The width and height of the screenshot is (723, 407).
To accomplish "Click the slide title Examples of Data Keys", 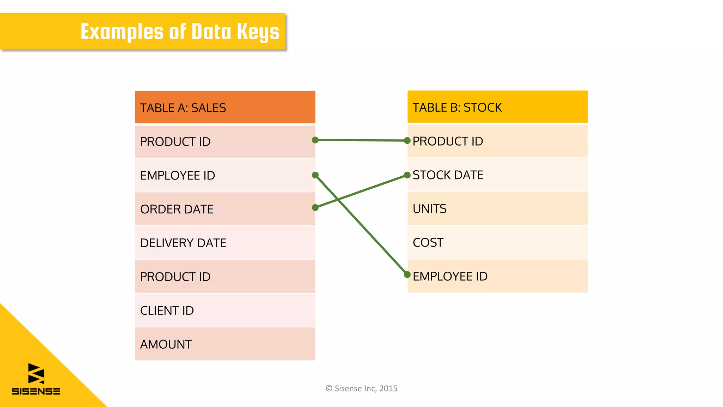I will point(180,32).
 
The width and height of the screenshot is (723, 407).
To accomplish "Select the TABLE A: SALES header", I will point(225,107).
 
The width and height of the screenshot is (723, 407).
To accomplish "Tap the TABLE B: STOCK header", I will point(497,107).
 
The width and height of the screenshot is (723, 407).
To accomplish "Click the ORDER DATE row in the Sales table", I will point(225,209).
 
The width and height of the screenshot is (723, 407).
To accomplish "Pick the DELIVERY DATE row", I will point(225,243).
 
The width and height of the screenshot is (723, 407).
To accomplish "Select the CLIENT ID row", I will point(225,311).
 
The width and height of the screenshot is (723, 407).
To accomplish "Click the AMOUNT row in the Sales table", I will point(225,344).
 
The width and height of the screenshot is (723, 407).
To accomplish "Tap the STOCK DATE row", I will point(497,175).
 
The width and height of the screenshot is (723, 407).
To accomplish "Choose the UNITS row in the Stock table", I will point(497,209).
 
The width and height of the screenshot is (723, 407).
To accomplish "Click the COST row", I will point(497,242).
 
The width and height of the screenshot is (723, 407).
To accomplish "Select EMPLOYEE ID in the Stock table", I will point(497,276).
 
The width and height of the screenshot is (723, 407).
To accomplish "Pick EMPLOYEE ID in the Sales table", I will point(225,175).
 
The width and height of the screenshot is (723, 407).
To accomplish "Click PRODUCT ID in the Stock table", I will point(497,141).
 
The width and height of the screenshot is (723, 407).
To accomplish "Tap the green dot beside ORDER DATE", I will point(315,207).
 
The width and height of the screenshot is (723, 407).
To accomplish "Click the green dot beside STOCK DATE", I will point(407,175).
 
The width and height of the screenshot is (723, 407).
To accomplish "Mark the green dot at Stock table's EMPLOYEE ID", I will point(407,275).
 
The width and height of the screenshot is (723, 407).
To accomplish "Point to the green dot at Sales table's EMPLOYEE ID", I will point(315,175).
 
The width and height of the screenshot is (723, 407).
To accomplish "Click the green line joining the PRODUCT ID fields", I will point(361,140).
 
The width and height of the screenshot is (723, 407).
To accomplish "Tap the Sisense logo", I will point(36,379).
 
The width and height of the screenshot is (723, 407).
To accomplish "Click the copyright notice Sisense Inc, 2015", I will point(361,388).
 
